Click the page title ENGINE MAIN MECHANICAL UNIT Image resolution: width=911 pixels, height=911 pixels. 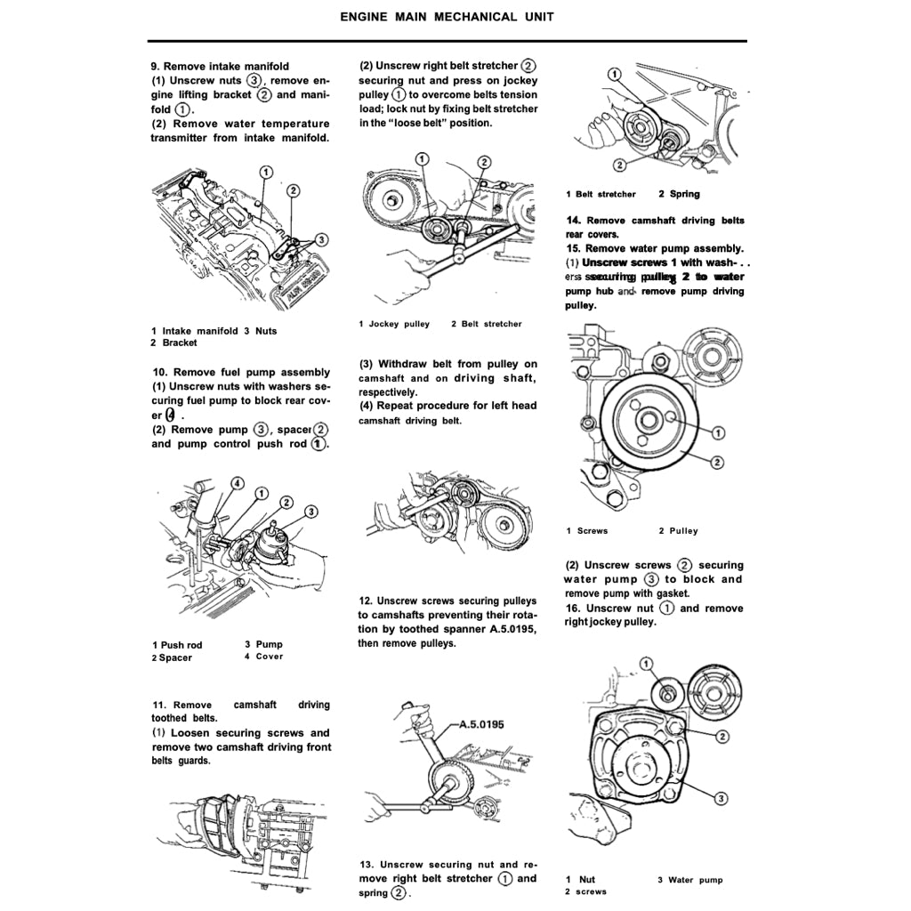click(447, 17)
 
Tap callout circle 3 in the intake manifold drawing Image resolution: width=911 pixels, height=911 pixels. click(321, 238)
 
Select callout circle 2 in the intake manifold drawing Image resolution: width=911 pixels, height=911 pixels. click(294, 191)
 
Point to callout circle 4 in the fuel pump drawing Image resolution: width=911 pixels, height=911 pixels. click(238, 482)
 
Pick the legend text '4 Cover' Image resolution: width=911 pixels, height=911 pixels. click(263, 657)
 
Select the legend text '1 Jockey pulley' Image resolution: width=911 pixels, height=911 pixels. click(394, 324)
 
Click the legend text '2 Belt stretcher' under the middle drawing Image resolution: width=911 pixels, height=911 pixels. click(486, 324)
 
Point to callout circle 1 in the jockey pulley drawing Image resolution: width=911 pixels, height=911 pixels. click(423, 159)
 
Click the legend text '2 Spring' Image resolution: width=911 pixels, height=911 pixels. click(679, 194)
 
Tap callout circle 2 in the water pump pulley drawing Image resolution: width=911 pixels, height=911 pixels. click(717, 461)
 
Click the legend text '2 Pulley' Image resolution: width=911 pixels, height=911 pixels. click(678, 531)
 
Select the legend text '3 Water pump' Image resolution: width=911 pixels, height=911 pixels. click(689, 880)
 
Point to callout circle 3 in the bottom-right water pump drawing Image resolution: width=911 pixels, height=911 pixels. click(722, 797)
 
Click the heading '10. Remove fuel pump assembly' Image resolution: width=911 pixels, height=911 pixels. click(241, 372)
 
